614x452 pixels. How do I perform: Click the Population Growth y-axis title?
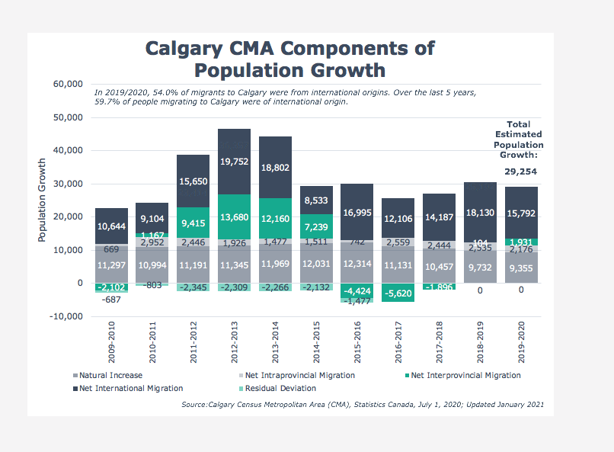pos(43,200)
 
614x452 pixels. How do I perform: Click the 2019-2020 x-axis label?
pos(522,342)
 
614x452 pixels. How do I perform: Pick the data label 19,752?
pos(235,162)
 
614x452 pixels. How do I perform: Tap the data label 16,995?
pos(357,213)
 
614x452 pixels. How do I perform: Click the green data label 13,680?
pos(235,217)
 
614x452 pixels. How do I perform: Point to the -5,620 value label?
pos(398,293)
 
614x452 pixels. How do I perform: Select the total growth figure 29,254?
pos(520,172)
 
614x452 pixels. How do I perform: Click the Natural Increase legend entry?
pos(110,375)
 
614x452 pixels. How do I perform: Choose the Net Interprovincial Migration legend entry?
pos(465,375)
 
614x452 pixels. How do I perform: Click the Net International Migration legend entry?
pos(130,388)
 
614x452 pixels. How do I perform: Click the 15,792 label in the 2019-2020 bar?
pos(522,213)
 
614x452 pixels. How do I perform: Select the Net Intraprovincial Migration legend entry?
pos(299,375)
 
